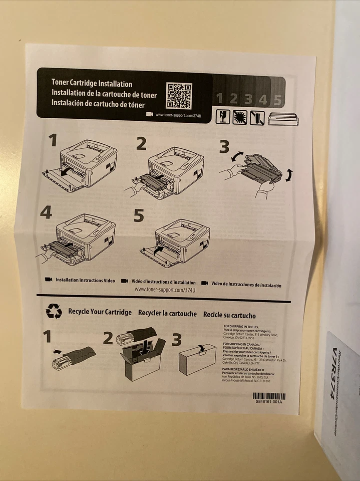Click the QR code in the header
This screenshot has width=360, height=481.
coord(179,96)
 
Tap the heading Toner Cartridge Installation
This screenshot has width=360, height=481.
coord(92,83)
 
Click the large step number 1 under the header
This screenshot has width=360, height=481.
coord(53,140)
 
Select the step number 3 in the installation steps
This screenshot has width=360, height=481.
coord(224,146)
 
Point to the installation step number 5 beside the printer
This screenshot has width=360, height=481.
coord(139,216)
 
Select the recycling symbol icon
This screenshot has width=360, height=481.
coord(54,311)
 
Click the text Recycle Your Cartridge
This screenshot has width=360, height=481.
coord(100,312)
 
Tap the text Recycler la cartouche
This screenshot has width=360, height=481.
coord(167,313)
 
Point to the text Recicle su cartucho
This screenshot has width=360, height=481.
coord(229,315)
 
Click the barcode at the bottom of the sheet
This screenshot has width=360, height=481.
coord(269,396)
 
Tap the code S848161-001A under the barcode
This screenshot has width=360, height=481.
coord(269,402)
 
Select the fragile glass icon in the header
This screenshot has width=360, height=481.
coord(222,117)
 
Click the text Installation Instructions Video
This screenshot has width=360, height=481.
coord(85,281)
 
